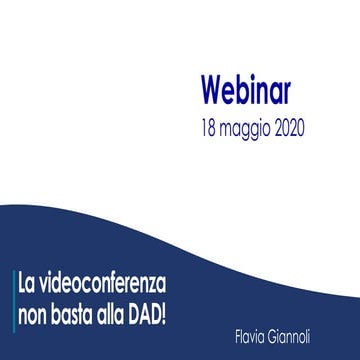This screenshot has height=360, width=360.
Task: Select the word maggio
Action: click(251, 130)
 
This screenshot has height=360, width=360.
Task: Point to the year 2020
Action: click(306, 129)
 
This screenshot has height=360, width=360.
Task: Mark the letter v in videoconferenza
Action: click(51, 274)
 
